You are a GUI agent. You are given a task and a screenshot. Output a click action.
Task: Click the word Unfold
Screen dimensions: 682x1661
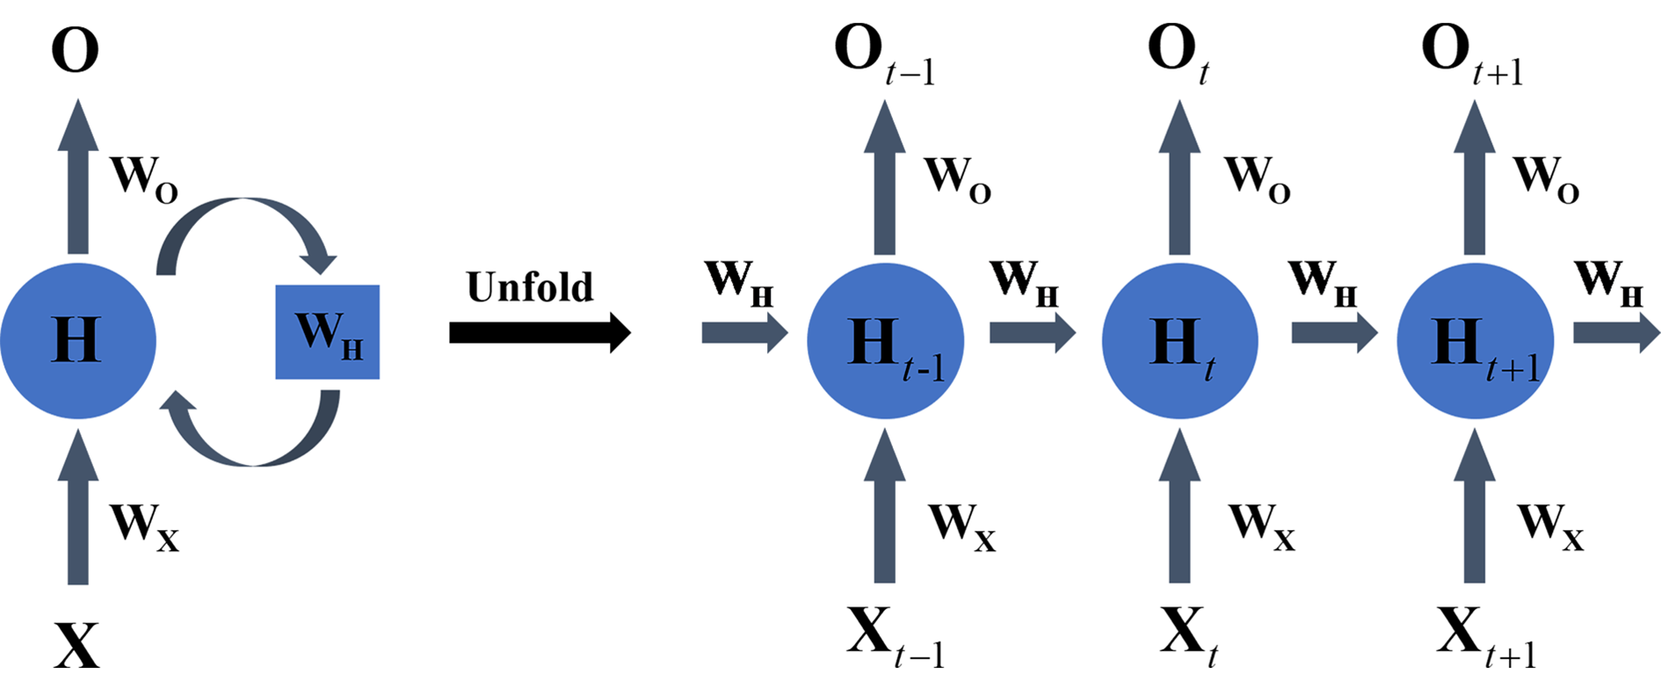click(529, 287)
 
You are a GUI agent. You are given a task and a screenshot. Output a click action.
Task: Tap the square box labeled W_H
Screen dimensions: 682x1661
click(327, 332)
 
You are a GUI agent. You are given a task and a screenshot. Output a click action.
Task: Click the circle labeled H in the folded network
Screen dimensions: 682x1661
click(77, 340)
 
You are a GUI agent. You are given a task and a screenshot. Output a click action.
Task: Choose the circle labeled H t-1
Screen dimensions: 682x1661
click(885, 341)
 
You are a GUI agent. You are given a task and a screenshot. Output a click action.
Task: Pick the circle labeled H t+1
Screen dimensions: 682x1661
click(1475, 341)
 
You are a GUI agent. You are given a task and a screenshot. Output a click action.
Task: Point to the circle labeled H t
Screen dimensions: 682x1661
click(1179, 341)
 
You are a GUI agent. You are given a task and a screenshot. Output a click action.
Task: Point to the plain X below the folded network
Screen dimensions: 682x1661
click(77, 645)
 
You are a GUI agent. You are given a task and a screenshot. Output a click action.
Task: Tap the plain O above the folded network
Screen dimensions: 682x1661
click(75, 49)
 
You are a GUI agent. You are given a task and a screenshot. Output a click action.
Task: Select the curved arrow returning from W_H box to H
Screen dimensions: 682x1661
click(255, 444)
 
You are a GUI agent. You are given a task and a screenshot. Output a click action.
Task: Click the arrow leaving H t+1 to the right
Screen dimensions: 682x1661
click(1615, 333)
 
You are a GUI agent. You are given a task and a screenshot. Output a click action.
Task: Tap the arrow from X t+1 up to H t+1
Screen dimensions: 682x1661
click(1474, 510)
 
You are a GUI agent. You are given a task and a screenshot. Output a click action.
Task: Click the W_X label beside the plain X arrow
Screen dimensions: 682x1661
click(143, 526)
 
